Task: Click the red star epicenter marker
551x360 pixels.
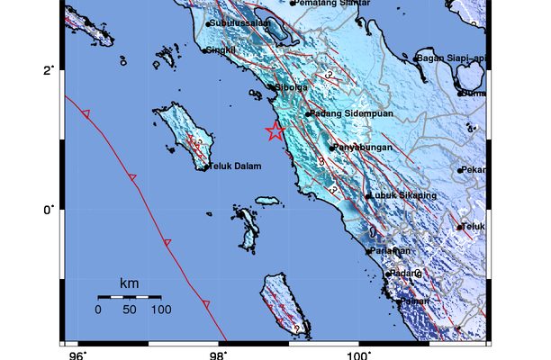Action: [x=275, y=132]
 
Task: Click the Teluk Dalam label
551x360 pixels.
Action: [x=235, y=166]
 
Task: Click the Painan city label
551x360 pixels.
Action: [x=414, y=301]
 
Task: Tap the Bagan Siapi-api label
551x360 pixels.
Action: [x=456, y=58]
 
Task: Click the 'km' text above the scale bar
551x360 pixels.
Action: [x=129, y=284]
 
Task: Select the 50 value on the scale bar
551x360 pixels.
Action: [x=130, y=310]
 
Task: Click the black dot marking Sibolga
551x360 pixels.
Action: [x=270, y=87]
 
